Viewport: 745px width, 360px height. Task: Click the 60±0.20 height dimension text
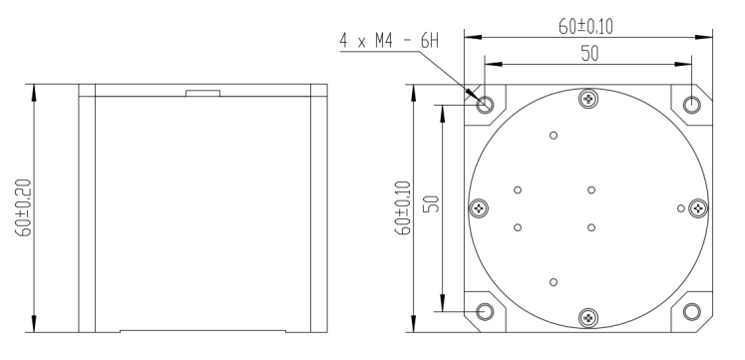22,208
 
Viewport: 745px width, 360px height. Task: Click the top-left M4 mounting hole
485,105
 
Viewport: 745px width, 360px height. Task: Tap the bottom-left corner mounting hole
485,311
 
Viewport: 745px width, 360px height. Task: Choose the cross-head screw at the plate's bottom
587,318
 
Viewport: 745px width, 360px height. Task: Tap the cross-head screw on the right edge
698,208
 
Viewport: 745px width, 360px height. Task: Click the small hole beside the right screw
680,208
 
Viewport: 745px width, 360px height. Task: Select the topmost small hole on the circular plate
554,137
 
